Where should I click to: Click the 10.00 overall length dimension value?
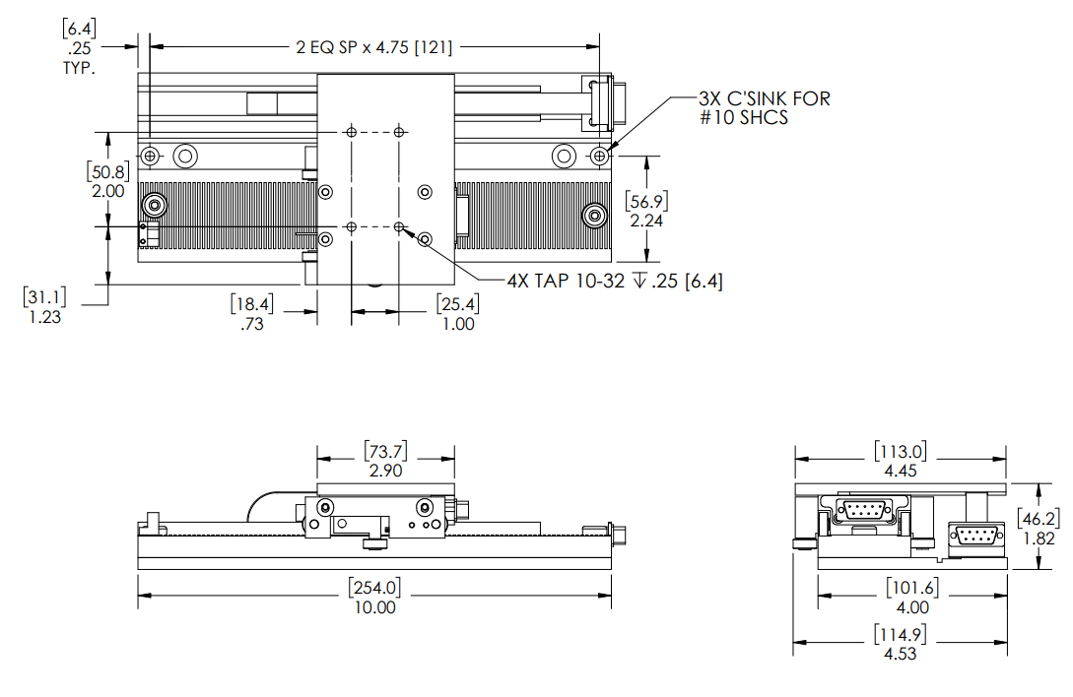(x=374, y=607)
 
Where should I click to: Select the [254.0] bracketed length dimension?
(x=374, y=589)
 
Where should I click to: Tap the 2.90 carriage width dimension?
(x=385, y=473)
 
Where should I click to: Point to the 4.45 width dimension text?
(x=900, y=472)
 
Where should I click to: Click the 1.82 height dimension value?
(x=1039, y=539)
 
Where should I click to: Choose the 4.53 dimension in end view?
(x=900, y=654)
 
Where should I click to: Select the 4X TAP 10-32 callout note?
(x=615, y=282)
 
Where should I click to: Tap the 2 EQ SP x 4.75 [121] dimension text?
(x=373, y=46)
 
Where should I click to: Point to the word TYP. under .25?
(x=78, y=69)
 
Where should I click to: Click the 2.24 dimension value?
(x=646, y=221)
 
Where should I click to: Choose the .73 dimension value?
(x=252, y=324)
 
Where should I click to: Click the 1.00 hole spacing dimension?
(x=457, y=324)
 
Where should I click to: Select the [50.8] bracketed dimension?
(x=106, y=171)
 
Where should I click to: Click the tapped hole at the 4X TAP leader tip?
(x=399, y=227)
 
